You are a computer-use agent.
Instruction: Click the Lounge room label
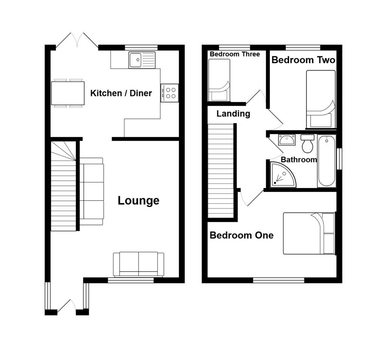click(138, 201)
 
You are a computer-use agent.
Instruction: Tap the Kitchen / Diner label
click(121, 93)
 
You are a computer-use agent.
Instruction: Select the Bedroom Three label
click(235, 54)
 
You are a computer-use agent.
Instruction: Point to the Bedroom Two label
click(303, 60)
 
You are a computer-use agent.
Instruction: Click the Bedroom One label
click(241, 236)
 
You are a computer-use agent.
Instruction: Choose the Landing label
click(233, 114)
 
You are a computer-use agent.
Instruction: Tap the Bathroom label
click(299, 160)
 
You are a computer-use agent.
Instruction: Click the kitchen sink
click(142, 60)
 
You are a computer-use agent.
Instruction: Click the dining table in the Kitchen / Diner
click(68, 93)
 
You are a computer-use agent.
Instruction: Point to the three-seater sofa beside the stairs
click(91, 191)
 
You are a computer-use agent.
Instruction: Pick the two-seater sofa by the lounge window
click(138, 264)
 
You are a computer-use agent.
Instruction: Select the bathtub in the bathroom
click(327, 161)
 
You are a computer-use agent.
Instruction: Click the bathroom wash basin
click(287, 140)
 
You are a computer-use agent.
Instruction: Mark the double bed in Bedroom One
click(309, 233)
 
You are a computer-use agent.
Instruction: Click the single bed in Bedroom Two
click(320, 99)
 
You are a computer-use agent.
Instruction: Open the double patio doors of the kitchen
click(77, 41)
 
